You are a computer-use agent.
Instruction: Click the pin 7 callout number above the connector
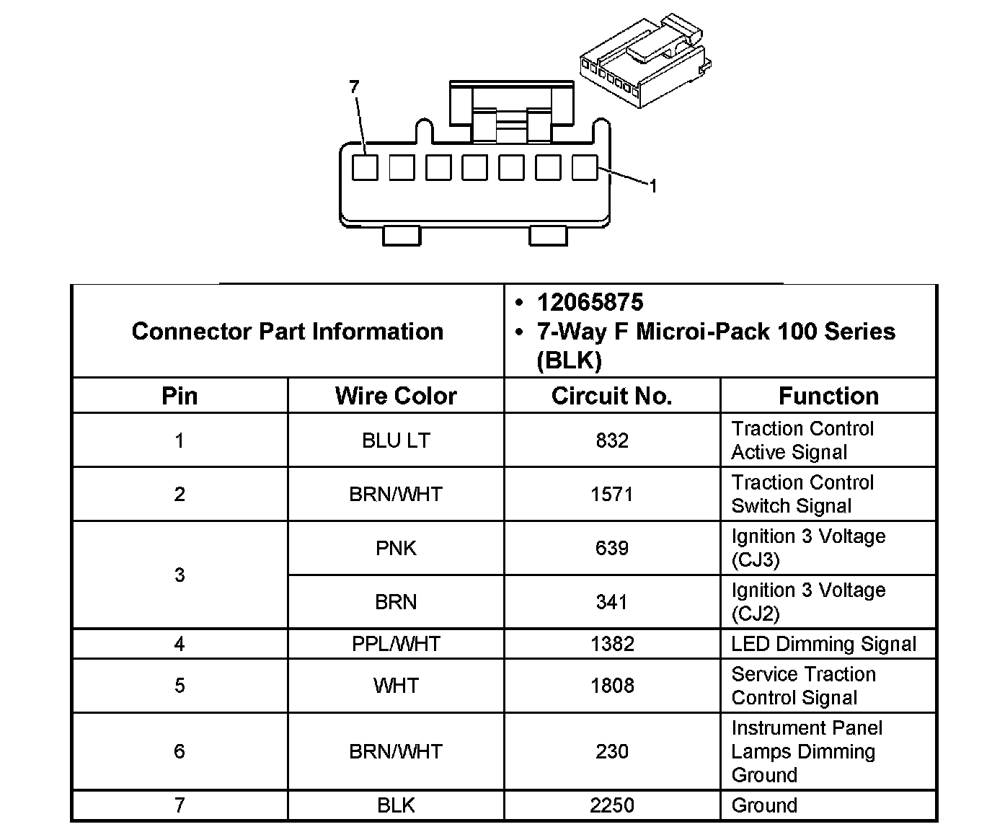pos(353,87)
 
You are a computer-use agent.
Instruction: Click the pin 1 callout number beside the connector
pos(652,187)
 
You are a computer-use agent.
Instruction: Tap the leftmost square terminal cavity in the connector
pos(365,168)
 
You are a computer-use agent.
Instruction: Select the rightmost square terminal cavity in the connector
pos(585,168)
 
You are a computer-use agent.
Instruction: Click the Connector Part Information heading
pos(288,332)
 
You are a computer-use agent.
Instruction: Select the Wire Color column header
pos(396,396)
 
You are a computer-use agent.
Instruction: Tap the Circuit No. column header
pos(611,396)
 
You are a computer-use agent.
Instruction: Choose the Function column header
pos(828,396)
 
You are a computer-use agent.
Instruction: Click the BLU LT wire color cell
pos(396,441)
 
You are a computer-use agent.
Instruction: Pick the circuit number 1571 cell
pos(611,495)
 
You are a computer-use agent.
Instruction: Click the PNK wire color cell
pos(396,549)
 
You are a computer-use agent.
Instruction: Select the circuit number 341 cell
pos(611,602)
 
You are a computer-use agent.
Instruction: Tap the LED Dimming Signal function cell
pos(823,644)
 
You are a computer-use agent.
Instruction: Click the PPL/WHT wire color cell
pos(396,644)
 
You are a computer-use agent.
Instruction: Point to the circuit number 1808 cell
pos(611,686)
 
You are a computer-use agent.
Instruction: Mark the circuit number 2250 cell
pos(611,805)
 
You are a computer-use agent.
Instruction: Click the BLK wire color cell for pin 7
pos(396,805)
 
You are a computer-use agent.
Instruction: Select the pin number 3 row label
pos(180,575)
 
